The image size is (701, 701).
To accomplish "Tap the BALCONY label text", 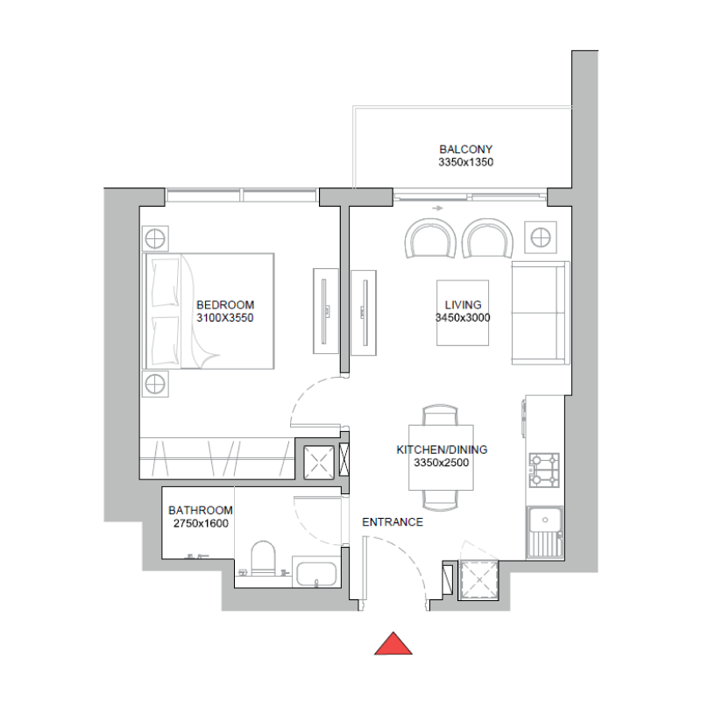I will [x=466, y=150].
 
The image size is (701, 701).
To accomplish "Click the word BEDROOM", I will [x=225, y=305].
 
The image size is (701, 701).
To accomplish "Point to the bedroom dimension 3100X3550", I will [x=225, y=318].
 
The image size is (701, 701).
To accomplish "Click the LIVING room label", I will [x=462, y=305].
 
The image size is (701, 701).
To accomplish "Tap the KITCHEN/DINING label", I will [x=442, y=450].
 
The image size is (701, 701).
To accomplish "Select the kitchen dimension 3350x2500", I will [x=442, y=463].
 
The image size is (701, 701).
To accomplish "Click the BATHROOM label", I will [x=201, y=510].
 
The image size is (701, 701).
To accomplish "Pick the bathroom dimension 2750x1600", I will [x=201, y=523].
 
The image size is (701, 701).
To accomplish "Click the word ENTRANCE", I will [x=393, y=522].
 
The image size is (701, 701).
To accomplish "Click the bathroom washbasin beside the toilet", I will [x=316, y=574].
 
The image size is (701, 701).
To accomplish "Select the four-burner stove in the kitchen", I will [x=544, y=470].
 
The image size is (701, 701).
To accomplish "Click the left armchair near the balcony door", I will [x=431, y=238].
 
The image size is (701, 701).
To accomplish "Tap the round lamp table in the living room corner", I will [x=540, y=236].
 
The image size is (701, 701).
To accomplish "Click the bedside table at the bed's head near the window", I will [x=155, y=237].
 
